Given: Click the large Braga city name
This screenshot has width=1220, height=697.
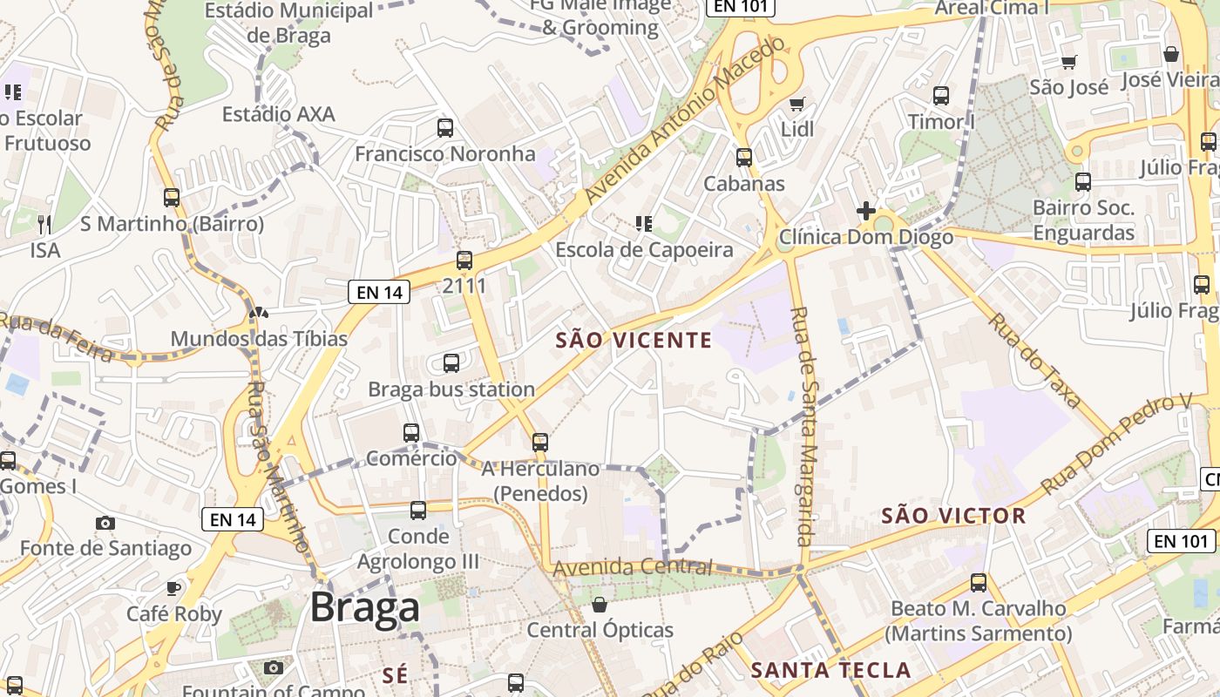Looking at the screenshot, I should tap(364, 607).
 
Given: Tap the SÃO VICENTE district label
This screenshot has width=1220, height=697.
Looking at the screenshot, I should tap(634, 341).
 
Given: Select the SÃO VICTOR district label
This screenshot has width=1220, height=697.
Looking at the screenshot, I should tap(953, 516).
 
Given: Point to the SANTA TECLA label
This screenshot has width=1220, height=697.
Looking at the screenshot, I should tap(830, 670).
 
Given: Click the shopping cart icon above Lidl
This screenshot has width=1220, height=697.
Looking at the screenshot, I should tap(796, 105).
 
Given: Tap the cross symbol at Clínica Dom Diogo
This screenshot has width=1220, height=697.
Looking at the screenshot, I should tap(865, 211).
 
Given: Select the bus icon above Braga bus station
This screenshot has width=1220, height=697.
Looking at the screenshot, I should tap(451, 363).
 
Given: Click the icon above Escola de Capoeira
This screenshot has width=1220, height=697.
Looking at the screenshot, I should tap(644, 224).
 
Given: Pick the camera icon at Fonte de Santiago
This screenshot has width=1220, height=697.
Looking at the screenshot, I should tap(105, 523).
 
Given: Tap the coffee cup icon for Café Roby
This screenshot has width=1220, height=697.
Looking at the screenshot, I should tap(173, 588).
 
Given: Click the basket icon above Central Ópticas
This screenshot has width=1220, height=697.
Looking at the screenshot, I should tap(600, 604).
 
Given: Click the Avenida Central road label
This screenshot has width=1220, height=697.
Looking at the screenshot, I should tap(633, 567).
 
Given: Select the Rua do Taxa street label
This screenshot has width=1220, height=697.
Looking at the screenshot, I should tap(1034, 360).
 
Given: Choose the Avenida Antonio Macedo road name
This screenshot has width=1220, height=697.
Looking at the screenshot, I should tap(686, 120).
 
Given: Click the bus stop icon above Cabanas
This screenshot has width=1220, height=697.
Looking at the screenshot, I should tap(743, 158).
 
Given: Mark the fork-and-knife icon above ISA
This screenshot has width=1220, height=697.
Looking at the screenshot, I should tap(45, 225).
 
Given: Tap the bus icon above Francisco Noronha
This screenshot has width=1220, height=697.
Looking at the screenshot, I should tap(445, 128).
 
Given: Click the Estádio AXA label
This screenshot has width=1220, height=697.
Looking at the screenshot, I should tap(278, 114).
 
